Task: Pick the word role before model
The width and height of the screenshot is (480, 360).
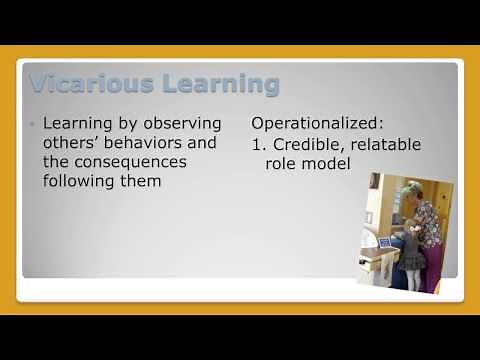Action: [283, 163]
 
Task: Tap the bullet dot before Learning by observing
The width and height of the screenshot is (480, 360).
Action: [33, 124]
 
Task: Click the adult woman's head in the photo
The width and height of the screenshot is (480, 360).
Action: [412, 189]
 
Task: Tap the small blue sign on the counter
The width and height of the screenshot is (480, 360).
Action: [384, 242]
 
